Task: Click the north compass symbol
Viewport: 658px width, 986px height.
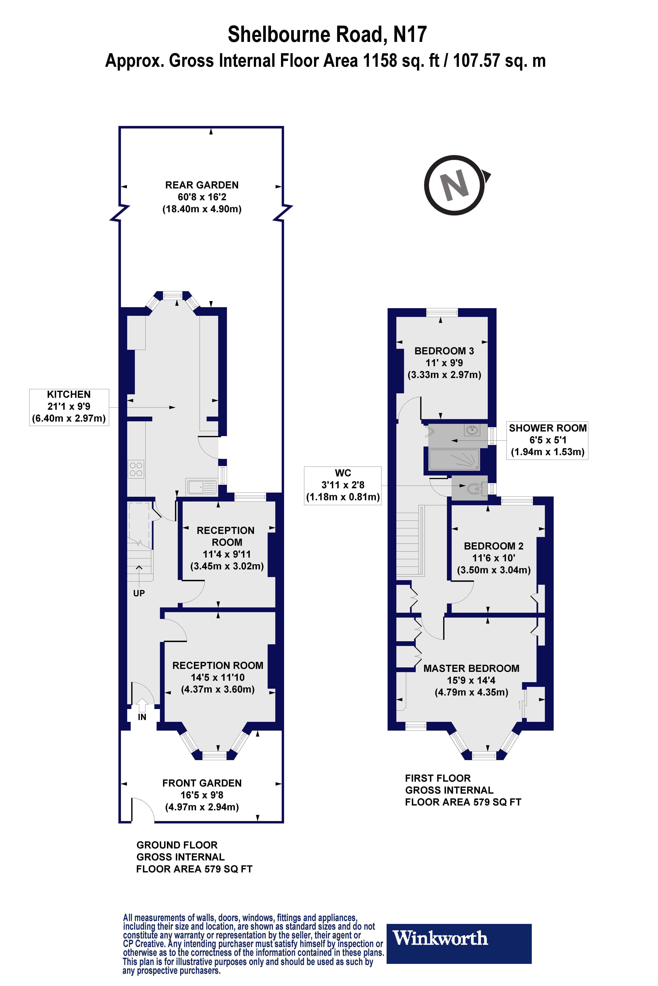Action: click(x=455, y=185)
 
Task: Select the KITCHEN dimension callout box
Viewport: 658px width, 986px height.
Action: click(x=69, y=407)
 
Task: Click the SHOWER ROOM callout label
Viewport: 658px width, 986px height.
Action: click(x=547, y=440)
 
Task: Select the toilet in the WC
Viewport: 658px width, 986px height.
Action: click(x=475, y=488)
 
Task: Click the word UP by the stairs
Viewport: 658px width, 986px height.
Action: click(x=139, y=593)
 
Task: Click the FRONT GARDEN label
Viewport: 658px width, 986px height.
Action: click(x=202, y=783)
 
